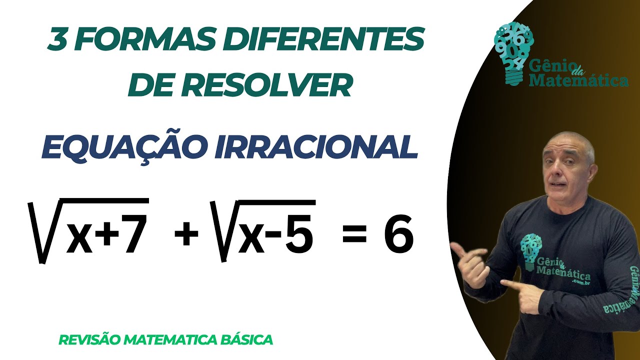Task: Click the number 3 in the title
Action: pos(59,40)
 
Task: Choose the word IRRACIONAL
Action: pos(316,146)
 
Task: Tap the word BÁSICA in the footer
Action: pos(246,340)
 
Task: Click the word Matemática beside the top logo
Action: pos(578,80)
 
